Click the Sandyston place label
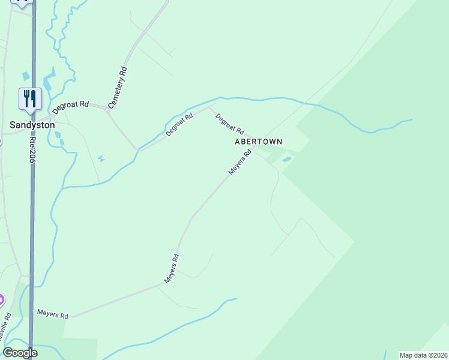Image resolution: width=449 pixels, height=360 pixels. click(x=32, y=125)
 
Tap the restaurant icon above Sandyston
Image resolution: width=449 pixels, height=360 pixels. click(x=30, y=98)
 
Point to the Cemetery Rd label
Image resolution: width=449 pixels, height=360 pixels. click(x=118, y=88)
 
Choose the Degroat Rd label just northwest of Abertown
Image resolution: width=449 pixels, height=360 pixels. click(x=230, y=124)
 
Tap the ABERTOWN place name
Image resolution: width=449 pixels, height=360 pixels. click(x=258, y=142)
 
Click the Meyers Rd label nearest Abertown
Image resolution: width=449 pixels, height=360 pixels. click(x=240, y=163)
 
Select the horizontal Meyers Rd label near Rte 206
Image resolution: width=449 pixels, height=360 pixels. click(x=53, y=314)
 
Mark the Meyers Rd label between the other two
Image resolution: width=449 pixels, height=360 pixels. click(x=172, y=269)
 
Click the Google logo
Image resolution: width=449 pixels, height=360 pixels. click(x=19, y=353)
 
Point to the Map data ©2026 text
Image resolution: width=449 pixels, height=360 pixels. click(x=423, y=355)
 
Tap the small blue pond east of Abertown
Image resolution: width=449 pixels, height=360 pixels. click(x=286, y=160)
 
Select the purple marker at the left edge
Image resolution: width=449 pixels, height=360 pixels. click(x=1, y=299)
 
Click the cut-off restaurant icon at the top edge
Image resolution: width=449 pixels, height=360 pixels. click(x=23, y=2)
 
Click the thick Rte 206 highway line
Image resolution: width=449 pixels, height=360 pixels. click(x=32, y=210)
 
